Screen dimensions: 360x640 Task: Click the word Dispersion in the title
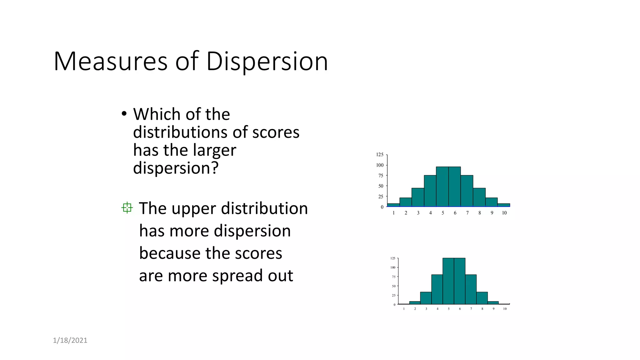click(x=267, y=61)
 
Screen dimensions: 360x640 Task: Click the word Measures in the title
click(x=111, y=61)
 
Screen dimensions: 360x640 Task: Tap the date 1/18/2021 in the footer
click(x=70, y=340)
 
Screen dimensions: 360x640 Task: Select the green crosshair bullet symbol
click(x=127, y=208)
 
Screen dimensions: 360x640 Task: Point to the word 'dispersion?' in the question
click(x=176, y=168)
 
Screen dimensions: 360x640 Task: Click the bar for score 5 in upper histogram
click(x=442, y=187)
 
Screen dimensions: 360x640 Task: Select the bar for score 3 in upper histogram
click(x=418, y=197)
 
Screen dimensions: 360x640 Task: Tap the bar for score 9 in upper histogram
click(x=491, y=202)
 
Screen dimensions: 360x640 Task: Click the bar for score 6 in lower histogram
click(x=459, y=281)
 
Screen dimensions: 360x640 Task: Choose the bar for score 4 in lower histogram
click(x=437, y=289)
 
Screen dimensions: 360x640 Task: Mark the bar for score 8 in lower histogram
click(x=482, y=298)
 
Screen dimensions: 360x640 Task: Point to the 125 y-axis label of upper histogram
click(x=380, y=155)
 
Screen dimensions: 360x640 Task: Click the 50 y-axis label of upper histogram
click(x=381, y=186)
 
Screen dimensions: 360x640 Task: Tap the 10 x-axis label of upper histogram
click(x=504, y=213)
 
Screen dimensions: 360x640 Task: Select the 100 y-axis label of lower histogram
click(x=393, y=267)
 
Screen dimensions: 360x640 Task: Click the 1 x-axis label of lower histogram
click(x=404, y=309)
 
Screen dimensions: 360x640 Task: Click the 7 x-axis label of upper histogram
click(x=467, y=213)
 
